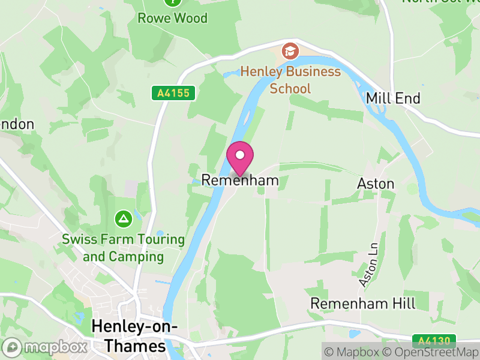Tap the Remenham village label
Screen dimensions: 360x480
240,180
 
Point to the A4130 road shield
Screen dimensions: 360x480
434,341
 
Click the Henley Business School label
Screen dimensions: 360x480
290,80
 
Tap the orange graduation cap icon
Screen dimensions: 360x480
290,51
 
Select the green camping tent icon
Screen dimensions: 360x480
123,218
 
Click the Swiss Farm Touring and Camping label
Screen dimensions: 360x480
123,248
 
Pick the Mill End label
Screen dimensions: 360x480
393,98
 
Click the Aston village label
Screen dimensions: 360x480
376,184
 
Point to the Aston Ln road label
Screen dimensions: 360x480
370,265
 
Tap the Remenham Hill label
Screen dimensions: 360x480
362,303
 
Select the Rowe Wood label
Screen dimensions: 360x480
173,18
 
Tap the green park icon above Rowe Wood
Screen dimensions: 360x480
173,2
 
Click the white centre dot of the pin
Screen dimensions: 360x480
240,155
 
